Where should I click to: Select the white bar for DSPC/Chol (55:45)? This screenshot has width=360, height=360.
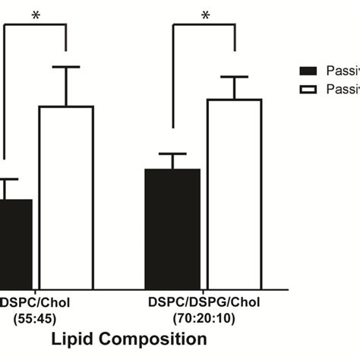pyautogui.click(x=65, y=197)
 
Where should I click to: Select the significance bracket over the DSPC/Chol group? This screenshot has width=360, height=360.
pyautogui.click(x=36, y=24)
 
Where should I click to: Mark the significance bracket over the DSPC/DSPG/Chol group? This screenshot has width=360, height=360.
pyautogui.click(x=204, y=24)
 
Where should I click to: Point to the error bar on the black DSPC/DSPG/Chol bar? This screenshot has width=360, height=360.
pyautogui.click(x=172, y=160)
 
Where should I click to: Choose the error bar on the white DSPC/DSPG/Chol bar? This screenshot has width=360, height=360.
pyautogui.click(x=234, y=87)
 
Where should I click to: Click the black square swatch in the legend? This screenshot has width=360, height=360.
pyautogui.click(x=308, y=71)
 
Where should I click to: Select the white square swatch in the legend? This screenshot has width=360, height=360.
pyautogui.click(x=308, y=90)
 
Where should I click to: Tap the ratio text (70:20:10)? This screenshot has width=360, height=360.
pyautogui.click(x=204, y=317)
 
